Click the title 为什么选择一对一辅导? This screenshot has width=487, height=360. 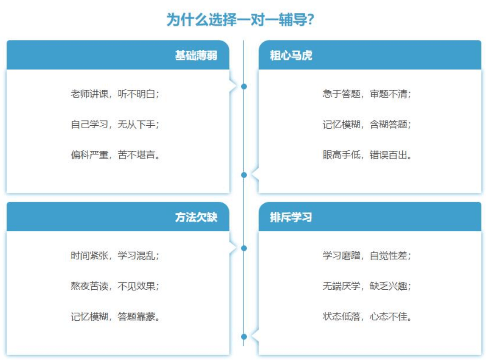(240, 20)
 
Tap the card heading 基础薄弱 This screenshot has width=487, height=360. (196, 56)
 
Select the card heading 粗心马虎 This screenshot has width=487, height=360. (291, 56)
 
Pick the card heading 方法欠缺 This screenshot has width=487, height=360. (196, 217)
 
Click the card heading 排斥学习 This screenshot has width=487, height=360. (291, 217)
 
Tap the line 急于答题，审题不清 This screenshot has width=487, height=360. (367, 94)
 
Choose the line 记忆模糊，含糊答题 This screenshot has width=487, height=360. (367, 124)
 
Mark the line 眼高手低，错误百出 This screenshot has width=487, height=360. (367, 155)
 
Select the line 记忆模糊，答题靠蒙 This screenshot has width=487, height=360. (115, 317)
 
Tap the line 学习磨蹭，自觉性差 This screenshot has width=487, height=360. (367, 256)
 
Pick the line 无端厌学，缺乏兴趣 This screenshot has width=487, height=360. (367, 286)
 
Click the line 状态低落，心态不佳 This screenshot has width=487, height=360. (367, 317)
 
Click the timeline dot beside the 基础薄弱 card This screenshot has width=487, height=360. (244, 86)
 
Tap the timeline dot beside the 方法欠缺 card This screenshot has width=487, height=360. (244, 248)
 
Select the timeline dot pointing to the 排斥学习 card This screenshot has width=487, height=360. (244, 337)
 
